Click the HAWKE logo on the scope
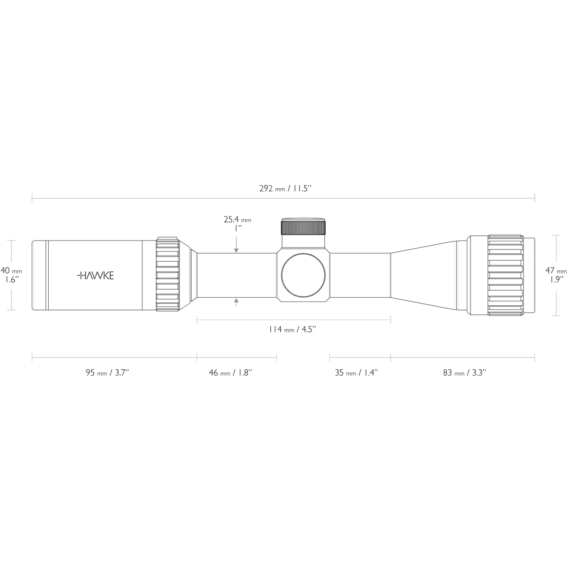pyautogui.click(x=95, y=275)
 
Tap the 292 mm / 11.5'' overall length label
pyautogui.click(x=285, y=189)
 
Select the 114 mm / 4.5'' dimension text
pyautogui.click(x=293, y=329)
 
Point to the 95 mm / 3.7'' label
pyautogui.click(x=107, y=373)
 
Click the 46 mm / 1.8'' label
pyautogui.click(x=231, y=373)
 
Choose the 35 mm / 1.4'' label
pyautogui.click(x=356, y=373)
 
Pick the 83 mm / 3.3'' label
pyautogui.click(x=464, y=373)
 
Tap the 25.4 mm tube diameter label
pyautogui.click(x=237, y=219)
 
